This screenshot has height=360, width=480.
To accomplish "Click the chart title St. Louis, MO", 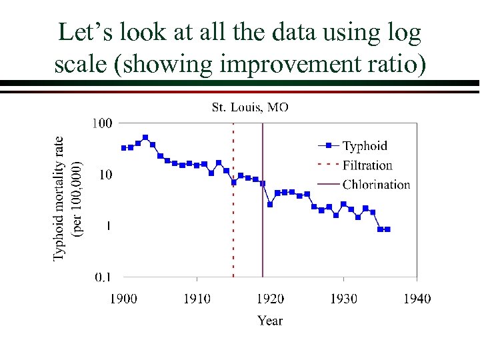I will click(x=250, y=107).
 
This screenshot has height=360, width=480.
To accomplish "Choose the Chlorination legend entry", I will click(x=376, y=185).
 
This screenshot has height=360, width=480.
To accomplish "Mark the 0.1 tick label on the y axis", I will click(x=103, y=277).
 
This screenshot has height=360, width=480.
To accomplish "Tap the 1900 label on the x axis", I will click(x=123, y=298).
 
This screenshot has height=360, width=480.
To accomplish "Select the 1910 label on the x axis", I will click(x=197, y=298).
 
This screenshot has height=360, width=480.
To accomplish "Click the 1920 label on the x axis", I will click(x=270, y=298).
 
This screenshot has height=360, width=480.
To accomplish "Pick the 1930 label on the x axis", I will click(x=343, y=298).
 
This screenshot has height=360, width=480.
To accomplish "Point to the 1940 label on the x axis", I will click(x=417, y=298).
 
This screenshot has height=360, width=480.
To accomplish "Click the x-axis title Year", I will click(x=270, y=321).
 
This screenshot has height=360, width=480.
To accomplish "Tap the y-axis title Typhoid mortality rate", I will click(x=60, y=189).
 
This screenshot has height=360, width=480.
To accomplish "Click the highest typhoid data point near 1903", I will click(x=145, y=137).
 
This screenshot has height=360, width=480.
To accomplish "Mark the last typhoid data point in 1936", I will click(x=387, y=229).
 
